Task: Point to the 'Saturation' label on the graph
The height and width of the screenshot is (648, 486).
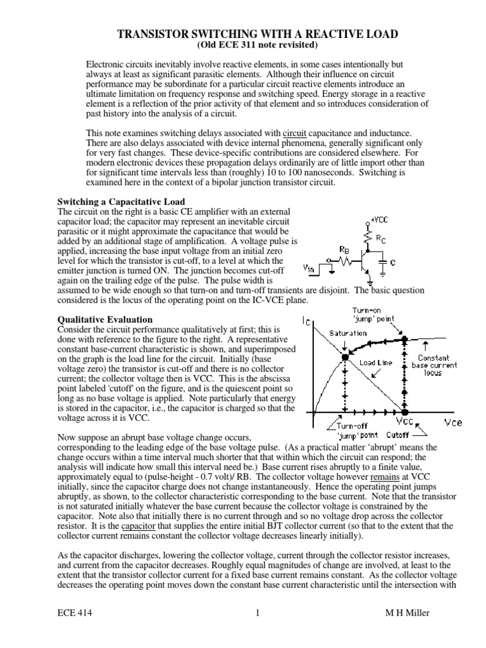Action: coord(347,333)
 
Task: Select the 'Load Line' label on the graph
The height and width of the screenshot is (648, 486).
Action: coord(376,363)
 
